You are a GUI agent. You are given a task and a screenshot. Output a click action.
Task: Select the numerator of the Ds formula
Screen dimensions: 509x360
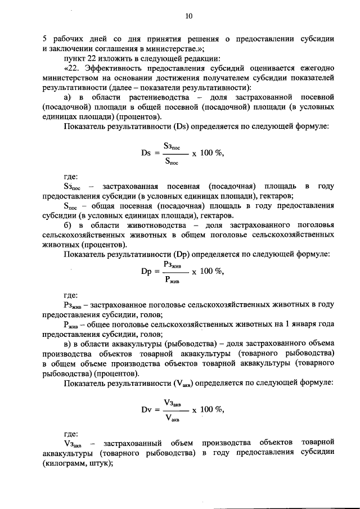pos(171,146)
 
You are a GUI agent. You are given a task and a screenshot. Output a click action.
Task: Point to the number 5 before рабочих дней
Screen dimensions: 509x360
pos(44,39)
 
